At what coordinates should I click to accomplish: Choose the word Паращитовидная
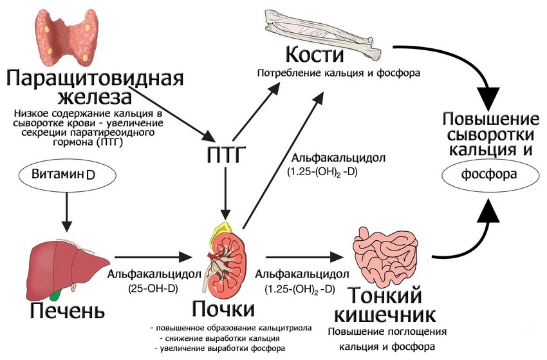click(x=95, y=79)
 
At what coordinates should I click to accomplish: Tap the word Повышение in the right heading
click(x=490, y=119)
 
